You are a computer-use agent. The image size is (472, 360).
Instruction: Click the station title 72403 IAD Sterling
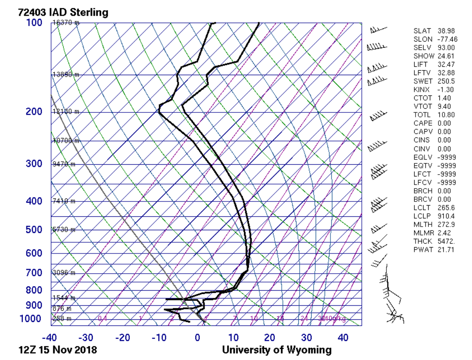tap(63, 12)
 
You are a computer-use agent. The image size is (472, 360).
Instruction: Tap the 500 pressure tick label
tap(34, 230)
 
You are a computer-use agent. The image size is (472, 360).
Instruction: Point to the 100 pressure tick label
tap(34, 22)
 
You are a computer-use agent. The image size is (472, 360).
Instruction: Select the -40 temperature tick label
tap(50, 337)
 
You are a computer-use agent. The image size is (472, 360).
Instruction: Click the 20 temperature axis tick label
tap(270, 337)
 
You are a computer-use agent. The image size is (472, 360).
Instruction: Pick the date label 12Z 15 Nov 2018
tap(57, 350)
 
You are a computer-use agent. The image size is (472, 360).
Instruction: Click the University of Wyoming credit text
tap(277, 350)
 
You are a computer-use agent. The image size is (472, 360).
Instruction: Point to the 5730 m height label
tap(64, 230)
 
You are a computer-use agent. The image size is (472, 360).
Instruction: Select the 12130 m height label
tap(66, 111)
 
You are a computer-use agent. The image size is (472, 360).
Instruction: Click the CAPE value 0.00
tap(445, 123)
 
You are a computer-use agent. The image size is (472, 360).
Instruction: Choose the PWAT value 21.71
tap(446, 249)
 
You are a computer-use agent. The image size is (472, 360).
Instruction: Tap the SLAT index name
tap(422, 31)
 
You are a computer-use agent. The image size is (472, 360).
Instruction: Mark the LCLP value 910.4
tap(446, 216)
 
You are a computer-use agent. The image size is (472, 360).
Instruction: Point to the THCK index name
tap(423, 241)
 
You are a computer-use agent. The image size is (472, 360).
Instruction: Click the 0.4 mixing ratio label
tap(103, 319)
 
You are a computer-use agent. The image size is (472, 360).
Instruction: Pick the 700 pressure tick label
tap(34, 273)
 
